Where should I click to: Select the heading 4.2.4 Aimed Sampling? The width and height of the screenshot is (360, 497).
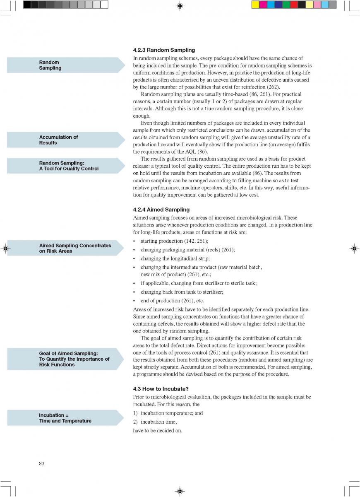[161, 210]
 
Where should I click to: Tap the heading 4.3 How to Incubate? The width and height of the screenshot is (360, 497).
[161, 389]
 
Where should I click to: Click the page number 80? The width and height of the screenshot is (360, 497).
[42, 463]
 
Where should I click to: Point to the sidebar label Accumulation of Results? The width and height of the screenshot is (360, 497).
[58, 140]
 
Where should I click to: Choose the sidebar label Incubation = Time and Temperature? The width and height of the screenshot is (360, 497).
[65, 418]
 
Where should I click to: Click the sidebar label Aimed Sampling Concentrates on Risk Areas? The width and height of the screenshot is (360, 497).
[75, 248]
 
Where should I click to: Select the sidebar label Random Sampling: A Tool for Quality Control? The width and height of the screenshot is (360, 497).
[69, 166]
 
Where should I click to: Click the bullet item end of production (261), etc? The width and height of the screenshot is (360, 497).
[172, 301]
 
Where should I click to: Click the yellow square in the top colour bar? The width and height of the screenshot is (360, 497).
[255, 5]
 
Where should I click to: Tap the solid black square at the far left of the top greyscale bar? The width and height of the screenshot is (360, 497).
[27, 5]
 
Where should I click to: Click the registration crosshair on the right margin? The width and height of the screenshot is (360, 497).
[354, 248]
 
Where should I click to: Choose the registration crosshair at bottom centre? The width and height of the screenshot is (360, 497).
[180, 491]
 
